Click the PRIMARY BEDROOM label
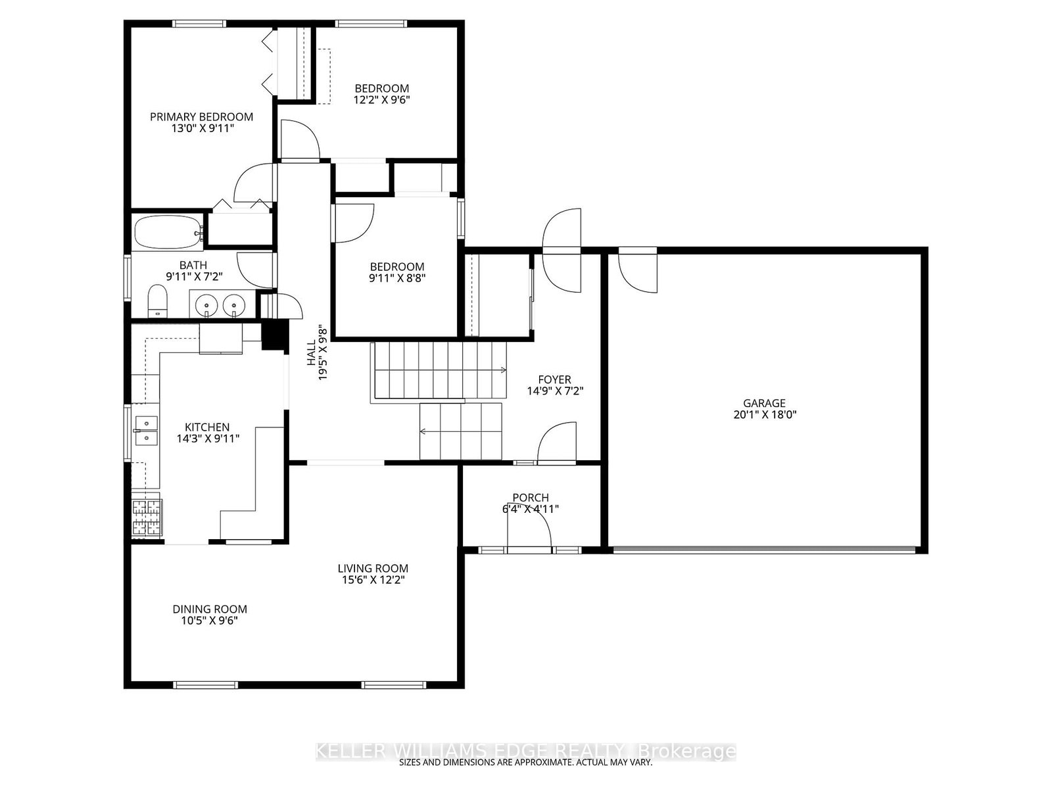click(201, 117)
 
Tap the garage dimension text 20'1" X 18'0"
click(764, 415)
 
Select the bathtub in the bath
click(168, 231)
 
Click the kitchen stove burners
click(147, 517)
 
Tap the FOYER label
click(554, 379)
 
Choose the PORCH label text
click(531, 498)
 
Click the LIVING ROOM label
click(373, 568)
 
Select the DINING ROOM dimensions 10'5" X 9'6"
click(210, 621)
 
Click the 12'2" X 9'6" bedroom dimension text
click(382, 100)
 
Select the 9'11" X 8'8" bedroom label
click(396, 277)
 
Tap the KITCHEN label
click(206, 427)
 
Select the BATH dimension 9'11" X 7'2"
click(193, 277)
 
